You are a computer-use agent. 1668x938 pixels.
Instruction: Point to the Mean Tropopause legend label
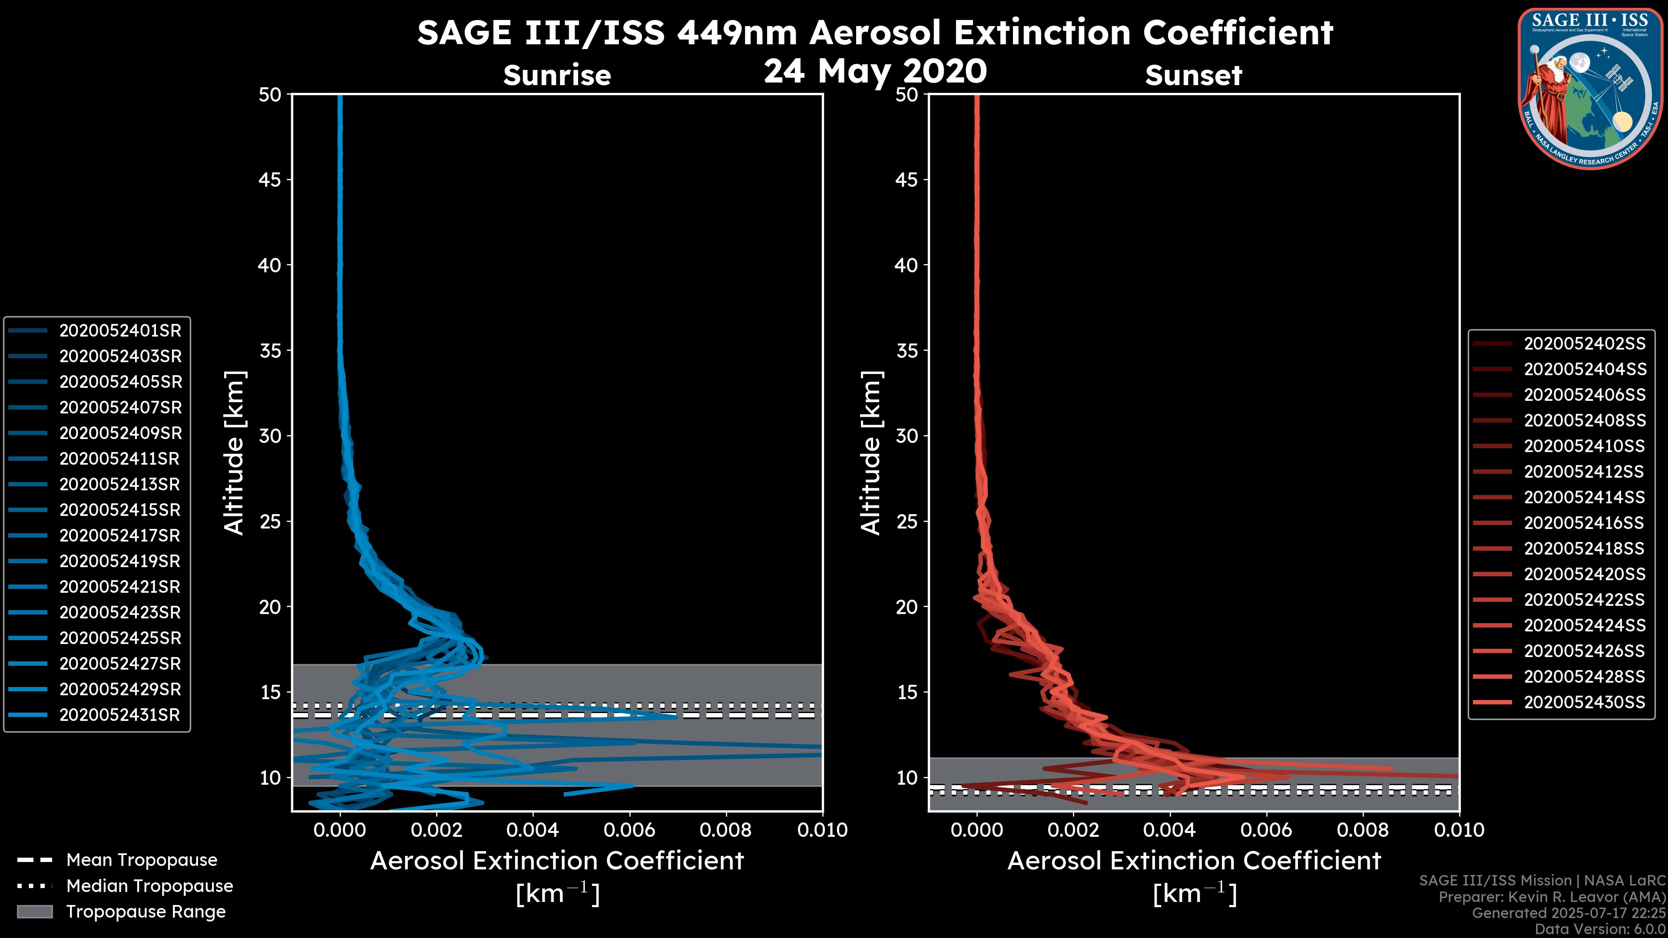pos(142,860)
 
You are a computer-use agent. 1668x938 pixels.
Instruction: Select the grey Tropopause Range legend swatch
pos(34,912)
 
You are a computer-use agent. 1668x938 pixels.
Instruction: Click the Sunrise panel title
pos(557,75)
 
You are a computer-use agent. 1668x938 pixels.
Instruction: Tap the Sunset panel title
pos(1193,76)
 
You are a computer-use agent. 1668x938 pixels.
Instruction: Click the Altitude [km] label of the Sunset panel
pos(871,452)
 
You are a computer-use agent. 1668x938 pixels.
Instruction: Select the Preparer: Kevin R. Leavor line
pos(1552,897)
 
